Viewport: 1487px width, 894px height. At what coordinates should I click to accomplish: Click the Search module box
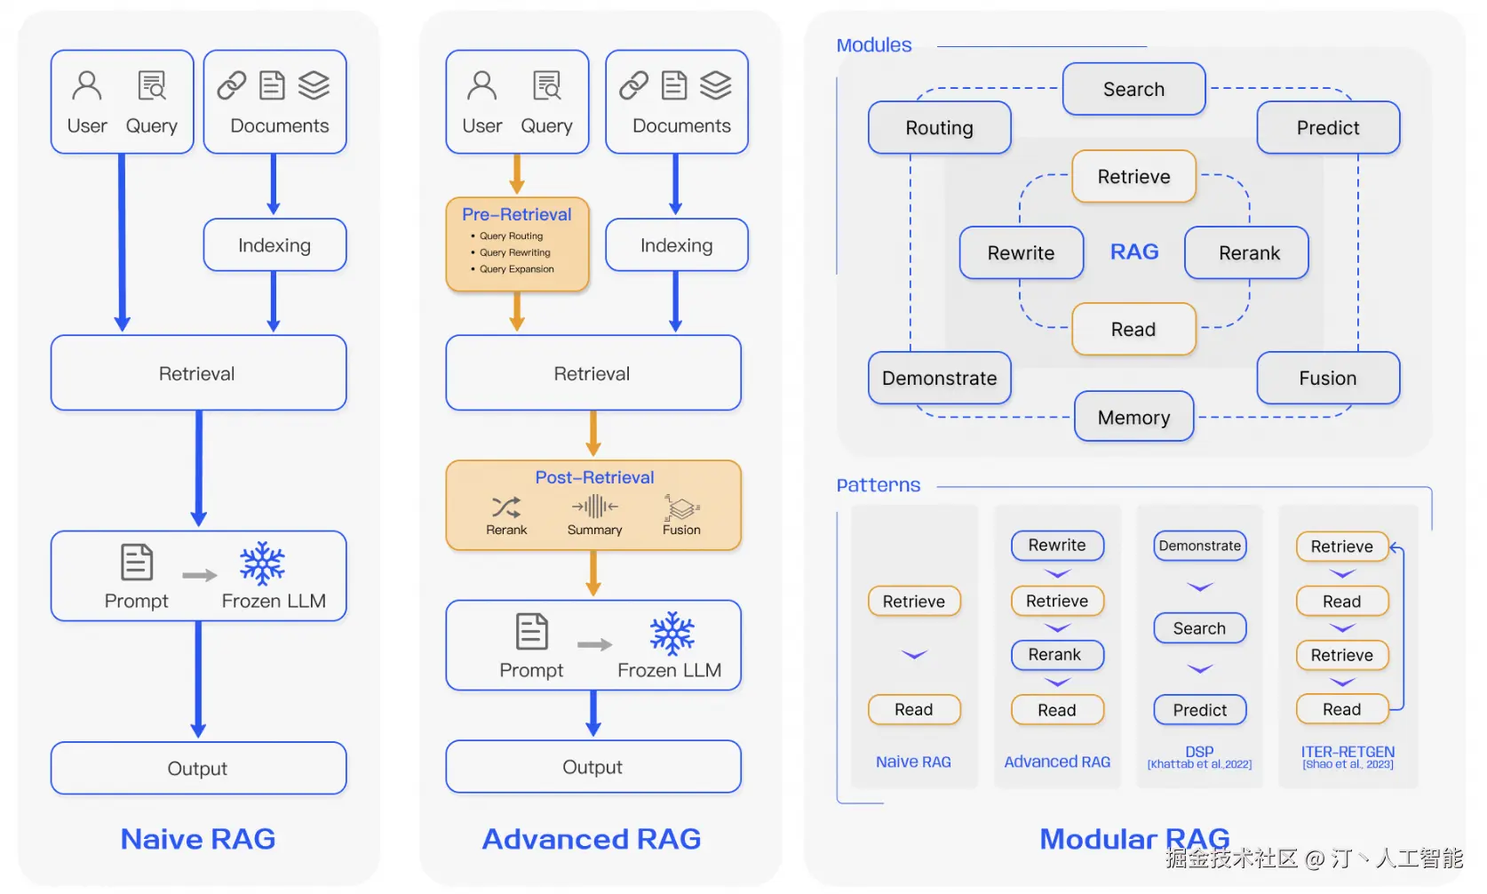click(1133, 89)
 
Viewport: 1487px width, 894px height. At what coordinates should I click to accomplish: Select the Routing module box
click(939, 128)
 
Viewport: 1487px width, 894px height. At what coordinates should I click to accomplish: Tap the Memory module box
click(1133, 417)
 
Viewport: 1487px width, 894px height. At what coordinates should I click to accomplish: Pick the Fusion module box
click(1327, 378)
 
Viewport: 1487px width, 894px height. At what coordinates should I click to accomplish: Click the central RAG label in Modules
click(1134, 251)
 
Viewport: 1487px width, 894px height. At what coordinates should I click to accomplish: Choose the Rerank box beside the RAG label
click(1248, 253)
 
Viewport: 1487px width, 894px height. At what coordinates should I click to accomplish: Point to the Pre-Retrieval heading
click(516, 214)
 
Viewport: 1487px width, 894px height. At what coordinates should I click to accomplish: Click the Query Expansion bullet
click(516, 269)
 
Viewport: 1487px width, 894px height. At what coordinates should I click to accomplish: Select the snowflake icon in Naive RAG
click(262, 563)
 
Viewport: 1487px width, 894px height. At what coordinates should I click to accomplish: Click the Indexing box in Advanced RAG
click(676, 245)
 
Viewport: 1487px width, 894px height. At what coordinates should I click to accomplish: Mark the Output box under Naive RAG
click(198, 768)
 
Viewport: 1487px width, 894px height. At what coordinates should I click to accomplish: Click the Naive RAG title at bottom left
click(198, 839)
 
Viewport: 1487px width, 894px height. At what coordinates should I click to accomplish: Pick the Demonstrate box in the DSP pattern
click(1199, 546)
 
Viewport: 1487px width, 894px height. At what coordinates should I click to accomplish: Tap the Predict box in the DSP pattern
click(1199, 710)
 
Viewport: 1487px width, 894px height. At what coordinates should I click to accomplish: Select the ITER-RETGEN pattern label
click(1348, 752)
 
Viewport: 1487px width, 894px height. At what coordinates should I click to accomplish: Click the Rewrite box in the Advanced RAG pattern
click(1056, 546)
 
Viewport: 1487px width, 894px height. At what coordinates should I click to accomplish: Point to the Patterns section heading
click(878, 485)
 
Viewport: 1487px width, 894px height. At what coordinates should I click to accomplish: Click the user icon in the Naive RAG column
click(87, 85)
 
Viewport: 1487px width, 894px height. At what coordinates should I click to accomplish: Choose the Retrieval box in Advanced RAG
click(592, 373)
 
